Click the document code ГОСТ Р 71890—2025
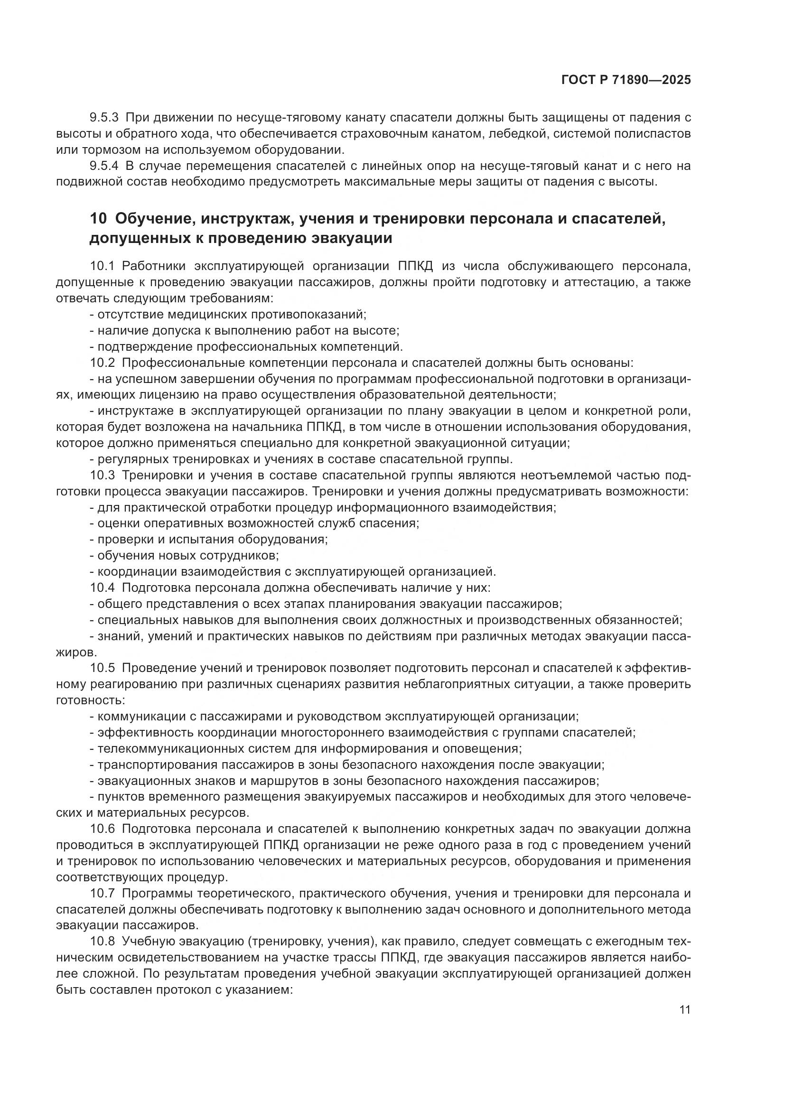coord(626,80)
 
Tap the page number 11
coord(684,1010)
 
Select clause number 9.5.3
coord(104,118)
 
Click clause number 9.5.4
coord(104,166)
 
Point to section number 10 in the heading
coord(98,219)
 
